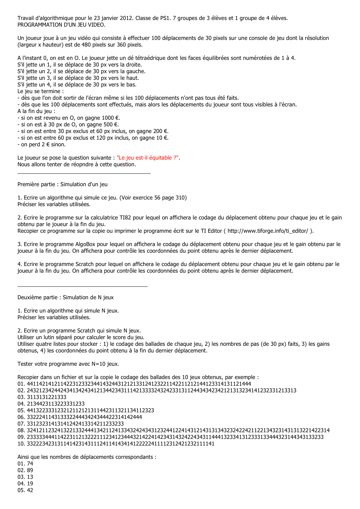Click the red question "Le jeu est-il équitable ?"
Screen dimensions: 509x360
point(148,158)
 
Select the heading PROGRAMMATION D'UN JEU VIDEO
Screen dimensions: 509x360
point(61,25)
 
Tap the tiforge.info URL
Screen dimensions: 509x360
point(268,231)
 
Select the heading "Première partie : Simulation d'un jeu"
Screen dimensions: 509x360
point(62,184)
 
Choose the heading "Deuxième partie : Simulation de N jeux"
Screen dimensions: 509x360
point(65,297)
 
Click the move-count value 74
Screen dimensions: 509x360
point(30,464)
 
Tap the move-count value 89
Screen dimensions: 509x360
point(30,470)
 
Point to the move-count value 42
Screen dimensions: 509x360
point(30,490)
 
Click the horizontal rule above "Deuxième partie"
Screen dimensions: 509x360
point(82,286)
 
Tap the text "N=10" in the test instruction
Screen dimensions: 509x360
point(99,364)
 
